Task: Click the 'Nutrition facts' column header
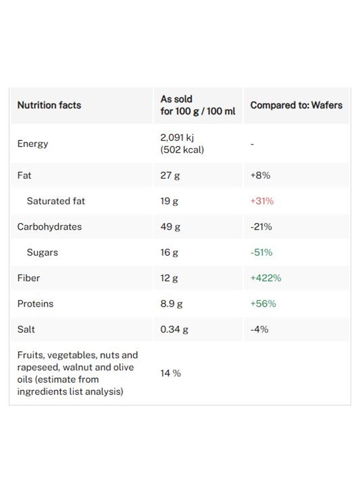pos(49,105)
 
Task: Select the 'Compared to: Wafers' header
pos(296,105)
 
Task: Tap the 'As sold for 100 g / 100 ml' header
pos(198,105)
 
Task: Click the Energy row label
pos(32,144)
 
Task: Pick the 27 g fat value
pos(170,175)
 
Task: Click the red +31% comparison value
pos(261,201)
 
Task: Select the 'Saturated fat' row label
pos(56,201)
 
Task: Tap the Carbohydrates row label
pos(49,227)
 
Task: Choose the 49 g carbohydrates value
pos(170,227)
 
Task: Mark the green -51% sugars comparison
pos(261,252)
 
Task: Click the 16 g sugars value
pos(169,252)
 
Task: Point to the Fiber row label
pos(28,278)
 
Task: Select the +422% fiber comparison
pos(265,278)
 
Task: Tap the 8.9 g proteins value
pos(171,304)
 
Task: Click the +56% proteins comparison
pos(263,304)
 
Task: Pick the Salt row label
pos(26,329)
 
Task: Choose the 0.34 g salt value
pos(174,329)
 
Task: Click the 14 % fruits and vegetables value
pos(171,373)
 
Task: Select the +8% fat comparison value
pos(260,175)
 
